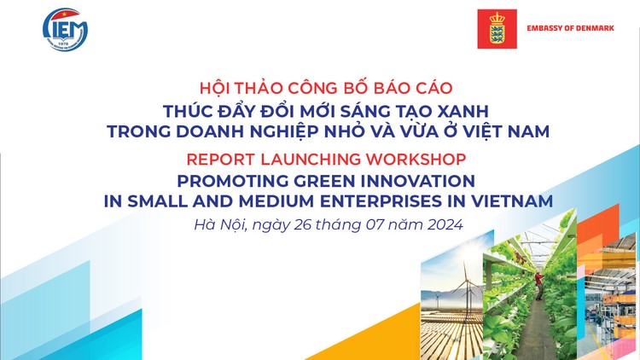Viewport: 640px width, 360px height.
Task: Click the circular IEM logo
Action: (x=66, y=29)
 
